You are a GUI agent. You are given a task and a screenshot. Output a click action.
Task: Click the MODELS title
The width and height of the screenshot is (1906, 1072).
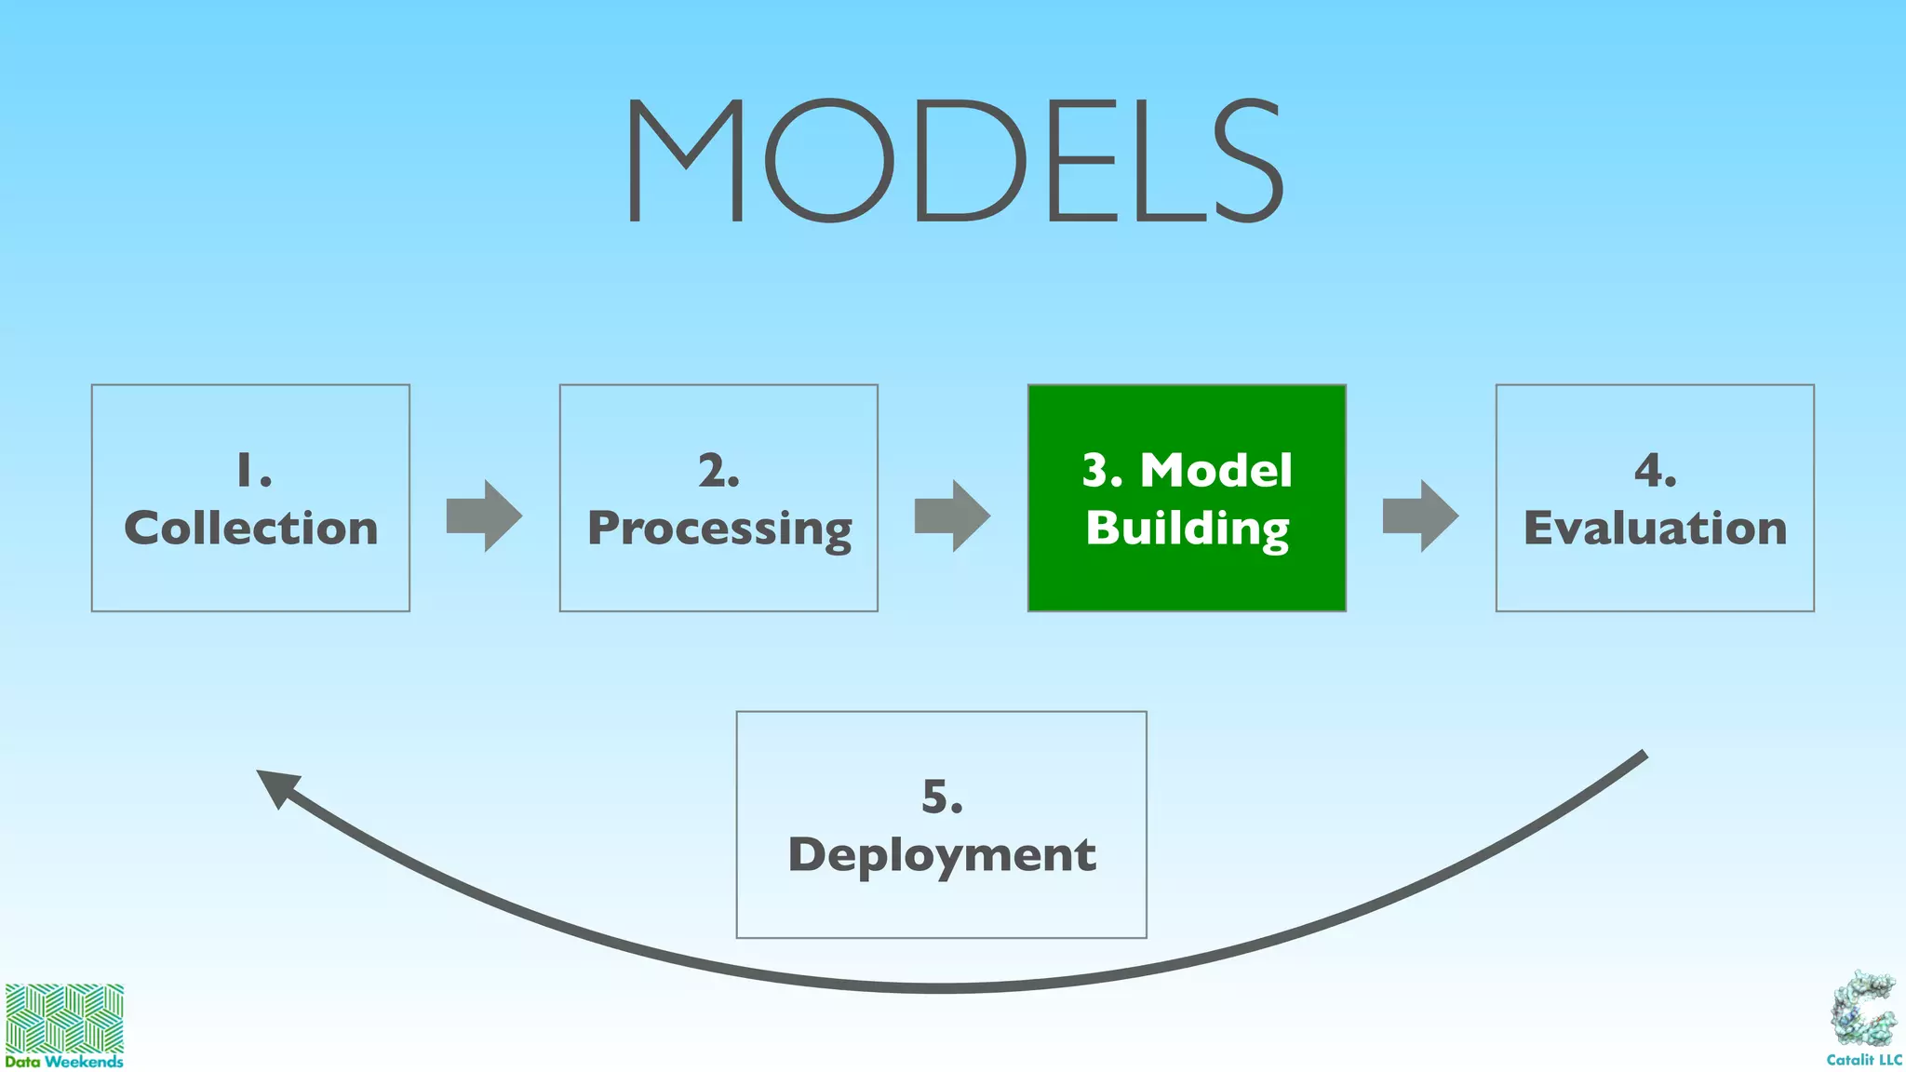[x=955, y=161]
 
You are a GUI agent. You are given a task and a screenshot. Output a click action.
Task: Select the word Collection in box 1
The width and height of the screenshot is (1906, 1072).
[x=250, y=528]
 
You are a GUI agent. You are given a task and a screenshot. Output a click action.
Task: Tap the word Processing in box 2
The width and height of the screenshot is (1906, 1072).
[x=718, y=529]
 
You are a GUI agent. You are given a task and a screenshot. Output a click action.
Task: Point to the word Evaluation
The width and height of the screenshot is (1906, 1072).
[x=1655, y=528]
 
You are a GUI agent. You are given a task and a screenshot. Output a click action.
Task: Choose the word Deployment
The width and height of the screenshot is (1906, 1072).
[x=941, y=855]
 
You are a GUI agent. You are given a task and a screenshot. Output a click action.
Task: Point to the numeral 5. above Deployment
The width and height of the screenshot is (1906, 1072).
[x=941, y=797]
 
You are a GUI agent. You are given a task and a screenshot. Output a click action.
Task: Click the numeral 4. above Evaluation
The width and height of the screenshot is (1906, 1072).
[x=1655, y=471]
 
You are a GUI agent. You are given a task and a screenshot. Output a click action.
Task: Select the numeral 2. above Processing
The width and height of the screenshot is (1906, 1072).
[x=718, y=471]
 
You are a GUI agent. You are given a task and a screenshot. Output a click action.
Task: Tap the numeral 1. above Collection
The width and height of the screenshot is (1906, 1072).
[x=252, y=471]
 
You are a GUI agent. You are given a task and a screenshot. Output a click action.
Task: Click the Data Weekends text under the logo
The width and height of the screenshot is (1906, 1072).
[x=64, y=1061]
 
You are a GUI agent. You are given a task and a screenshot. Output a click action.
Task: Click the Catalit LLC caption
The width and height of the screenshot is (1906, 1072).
[x=1864, y=1060]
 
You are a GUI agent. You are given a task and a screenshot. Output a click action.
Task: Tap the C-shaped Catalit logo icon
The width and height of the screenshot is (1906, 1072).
[x=1864, y=1011]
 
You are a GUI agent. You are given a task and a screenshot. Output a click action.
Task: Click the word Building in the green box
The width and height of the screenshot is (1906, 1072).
[x=1187, y=529]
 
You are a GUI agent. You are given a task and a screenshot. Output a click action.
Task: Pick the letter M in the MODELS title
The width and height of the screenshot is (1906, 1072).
[x=686, y=161]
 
